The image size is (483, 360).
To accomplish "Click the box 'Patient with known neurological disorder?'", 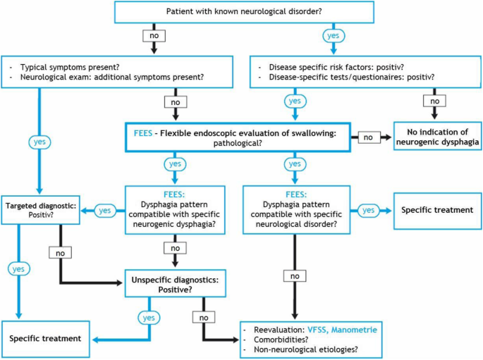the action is pos(244,12).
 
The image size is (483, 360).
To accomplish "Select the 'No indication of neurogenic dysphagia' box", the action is pos(437,136).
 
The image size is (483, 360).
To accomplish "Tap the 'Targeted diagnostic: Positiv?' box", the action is pos(41,210).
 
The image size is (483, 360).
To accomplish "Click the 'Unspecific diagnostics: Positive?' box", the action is pos(176,284).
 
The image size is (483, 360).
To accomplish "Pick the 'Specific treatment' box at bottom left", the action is pos(46,339).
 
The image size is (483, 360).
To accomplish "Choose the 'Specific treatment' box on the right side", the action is pos(437,211).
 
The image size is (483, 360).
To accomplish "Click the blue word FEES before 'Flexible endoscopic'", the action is pos(143,133).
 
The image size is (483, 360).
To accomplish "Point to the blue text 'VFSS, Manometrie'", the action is pos(342,330).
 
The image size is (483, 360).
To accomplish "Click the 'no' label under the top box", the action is pos(154,36).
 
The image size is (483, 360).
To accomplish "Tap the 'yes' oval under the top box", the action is pos(334,36).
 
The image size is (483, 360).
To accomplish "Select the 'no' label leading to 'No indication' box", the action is pos(368,137).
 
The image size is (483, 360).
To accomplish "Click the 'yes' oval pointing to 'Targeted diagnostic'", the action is pos(105,211).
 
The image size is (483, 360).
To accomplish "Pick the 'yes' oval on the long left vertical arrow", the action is pos(39,142).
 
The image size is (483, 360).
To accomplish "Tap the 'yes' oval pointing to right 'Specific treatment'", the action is pos(368,211).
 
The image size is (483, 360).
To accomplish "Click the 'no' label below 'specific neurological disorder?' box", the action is pos(295,276).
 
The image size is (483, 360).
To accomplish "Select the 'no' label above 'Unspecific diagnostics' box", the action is pos(176,248).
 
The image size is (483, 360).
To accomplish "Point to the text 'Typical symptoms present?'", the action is pos(70,68).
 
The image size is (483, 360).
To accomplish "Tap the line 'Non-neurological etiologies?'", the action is pos(306,350).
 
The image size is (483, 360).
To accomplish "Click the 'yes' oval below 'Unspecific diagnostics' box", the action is pos(149,318).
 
